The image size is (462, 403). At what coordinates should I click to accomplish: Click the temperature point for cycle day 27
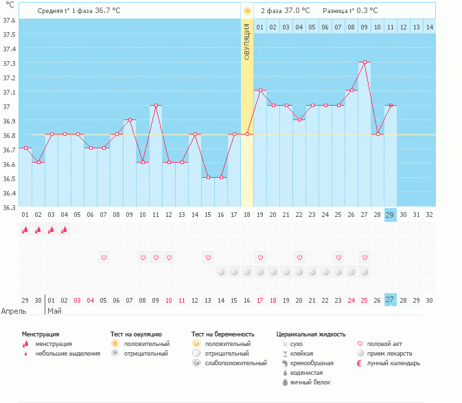point(365,62)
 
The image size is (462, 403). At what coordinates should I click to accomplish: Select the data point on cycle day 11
point(156,105)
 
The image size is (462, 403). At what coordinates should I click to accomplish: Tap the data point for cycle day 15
point(208,177)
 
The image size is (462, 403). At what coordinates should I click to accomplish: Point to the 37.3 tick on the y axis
point(9,63)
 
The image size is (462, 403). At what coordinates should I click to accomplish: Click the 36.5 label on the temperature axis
point(9,179)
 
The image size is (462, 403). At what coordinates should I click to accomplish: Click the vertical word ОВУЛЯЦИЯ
point(247,42)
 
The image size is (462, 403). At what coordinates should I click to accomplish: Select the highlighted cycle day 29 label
point(390,215)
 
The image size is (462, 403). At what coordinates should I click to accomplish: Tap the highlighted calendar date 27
point(390,299)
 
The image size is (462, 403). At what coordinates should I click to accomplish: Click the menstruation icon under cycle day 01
point(25,229)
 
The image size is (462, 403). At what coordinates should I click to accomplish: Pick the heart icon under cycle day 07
point(104,257)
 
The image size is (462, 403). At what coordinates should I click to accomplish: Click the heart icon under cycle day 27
point(365,257)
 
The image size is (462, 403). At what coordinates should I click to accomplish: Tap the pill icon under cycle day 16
point(221,272)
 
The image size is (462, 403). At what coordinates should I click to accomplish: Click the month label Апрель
point(14,311)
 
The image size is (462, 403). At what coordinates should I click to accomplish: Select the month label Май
point(54,311)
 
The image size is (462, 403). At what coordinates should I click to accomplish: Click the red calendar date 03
point(77,301)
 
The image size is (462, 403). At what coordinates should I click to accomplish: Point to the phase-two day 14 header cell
point(430,27)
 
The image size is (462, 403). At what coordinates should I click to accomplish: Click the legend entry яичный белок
point(310,382)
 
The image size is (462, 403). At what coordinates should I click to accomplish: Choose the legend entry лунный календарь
point(393,363)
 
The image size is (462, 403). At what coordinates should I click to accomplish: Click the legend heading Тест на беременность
point(222,334)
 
